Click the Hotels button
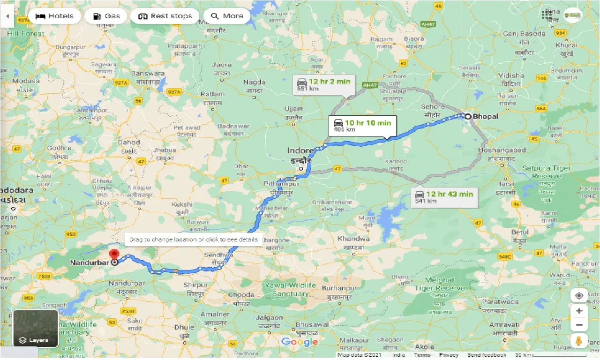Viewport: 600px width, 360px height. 54,16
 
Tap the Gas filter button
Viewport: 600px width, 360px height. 106,16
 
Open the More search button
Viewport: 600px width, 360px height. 227,16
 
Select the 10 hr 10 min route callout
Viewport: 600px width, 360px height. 362,126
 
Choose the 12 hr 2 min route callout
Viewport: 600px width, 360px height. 323,84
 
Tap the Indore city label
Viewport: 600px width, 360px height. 300,151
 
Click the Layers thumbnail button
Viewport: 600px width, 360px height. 36,328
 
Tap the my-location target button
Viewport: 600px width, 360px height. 579,296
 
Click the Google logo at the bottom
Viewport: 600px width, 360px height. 300,342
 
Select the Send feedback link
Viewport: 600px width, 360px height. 487,355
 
